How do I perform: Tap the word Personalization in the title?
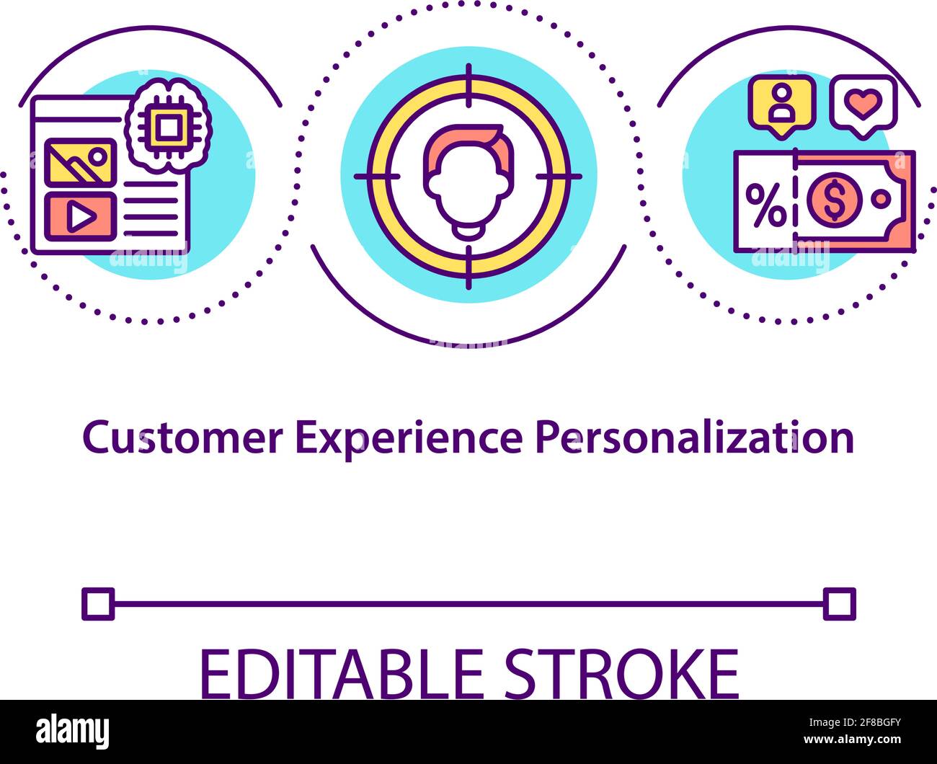tap(694, 437)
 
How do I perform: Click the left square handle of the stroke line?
tap(98, 604)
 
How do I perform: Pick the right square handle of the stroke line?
tap(839, 604)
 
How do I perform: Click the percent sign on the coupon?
tap(765, 204)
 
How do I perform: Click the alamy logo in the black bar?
tap(73, 732)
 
